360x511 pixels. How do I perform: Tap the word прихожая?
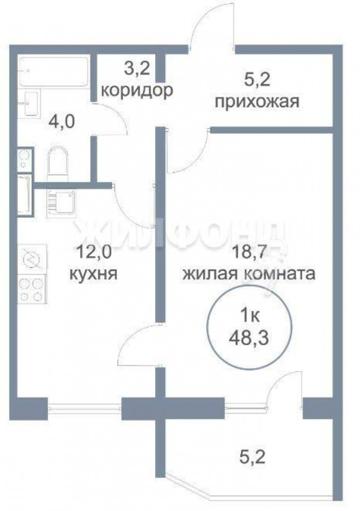point(257,102)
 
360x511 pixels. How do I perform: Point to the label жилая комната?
point(249,274)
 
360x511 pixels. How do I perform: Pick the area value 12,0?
point(94,252)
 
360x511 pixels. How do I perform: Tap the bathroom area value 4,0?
point(62,122)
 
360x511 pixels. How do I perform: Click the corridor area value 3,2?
point(137,69)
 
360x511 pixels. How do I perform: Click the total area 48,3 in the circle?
point(249,338)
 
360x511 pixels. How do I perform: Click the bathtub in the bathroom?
point(54,72)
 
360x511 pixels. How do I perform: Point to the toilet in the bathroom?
point(59,165)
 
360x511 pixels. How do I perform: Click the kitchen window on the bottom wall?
point(85,407)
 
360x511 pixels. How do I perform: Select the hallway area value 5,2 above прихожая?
point(257,79)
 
